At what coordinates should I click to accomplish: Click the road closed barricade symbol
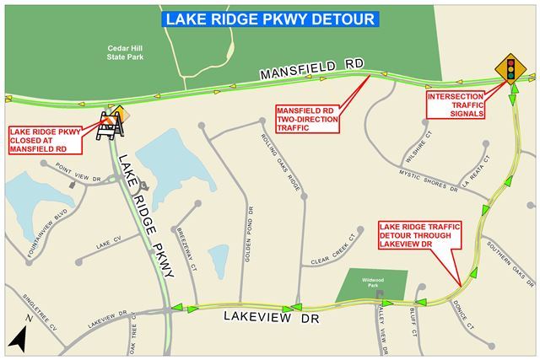[112, 126]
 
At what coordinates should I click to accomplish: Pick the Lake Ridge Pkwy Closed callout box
[44, 139]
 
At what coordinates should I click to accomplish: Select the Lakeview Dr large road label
[262, 316]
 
